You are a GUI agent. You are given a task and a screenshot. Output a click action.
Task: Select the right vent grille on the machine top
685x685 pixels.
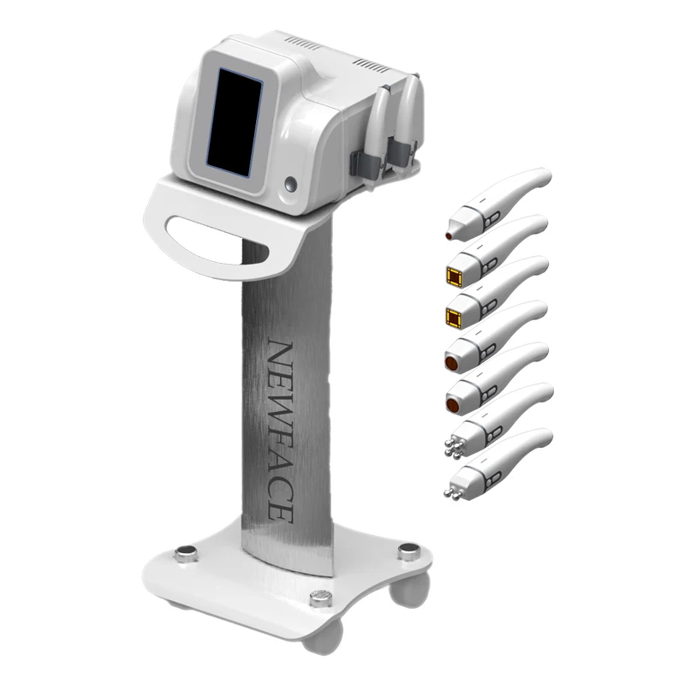tap(374, 63)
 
